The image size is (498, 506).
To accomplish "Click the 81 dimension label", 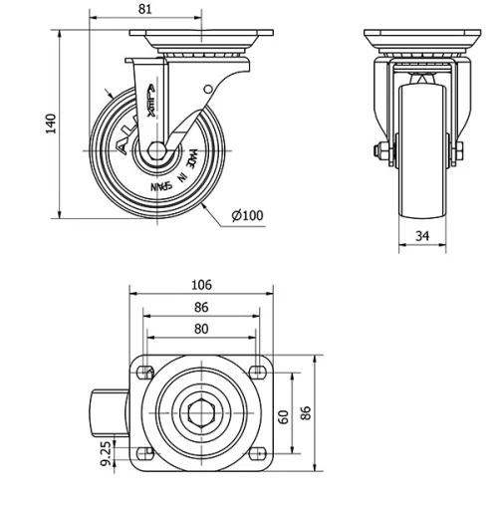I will [x=144, y=9].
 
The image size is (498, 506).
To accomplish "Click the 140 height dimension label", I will [x=51, y=123].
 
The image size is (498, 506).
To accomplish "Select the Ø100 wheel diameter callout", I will [x=247, y=216].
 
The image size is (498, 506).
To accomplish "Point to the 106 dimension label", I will [x=201, y=284].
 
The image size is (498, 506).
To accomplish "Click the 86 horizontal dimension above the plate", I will [x=201, y=308].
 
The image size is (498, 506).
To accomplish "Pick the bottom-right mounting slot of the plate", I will [x=258, y=452].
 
